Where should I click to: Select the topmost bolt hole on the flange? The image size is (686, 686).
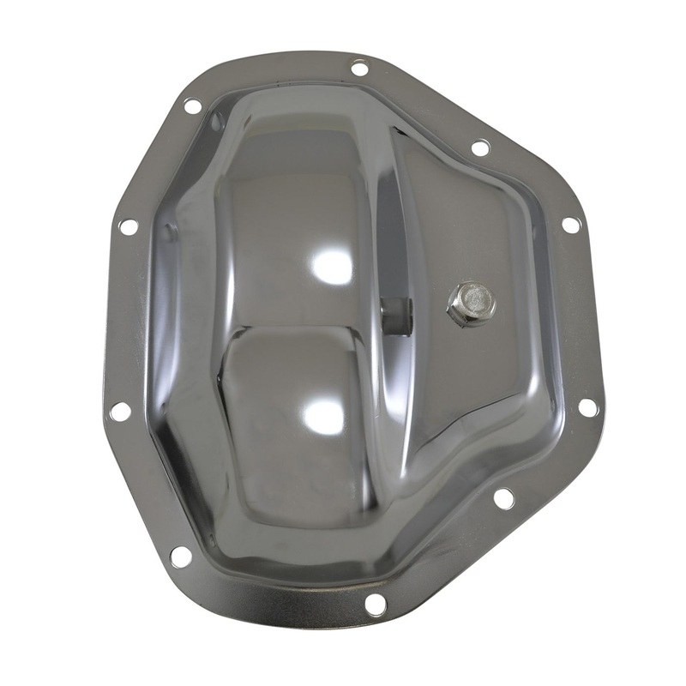tap(360, 68)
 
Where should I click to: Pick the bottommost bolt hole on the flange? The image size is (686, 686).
tap(375, 604)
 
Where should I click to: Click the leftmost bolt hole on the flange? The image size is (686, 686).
tap(120, 411)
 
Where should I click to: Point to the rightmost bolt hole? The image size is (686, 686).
tap(587, 407)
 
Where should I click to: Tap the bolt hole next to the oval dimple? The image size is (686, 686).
tap(192, 106)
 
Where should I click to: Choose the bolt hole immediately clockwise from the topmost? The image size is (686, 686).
tap(481, 147)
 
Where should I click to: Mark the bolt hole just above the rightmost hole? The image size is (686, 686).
tap(570, 225)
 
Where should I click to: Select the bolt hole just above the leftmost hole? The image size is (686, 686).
tap(128, 226)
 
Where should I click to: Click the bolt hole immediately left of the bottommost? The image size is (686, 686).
tap(181, 556)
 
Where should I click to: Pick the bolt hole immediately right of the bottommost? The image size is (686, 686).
tap(503, 496)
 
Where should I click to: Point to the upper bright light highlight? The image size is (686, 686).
tap(332, 267)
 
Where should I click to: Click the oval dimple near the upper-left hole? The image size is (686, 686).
tap(216, 122)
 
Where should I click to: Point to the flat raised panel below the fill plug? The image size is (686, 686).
tap(463, 377)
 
